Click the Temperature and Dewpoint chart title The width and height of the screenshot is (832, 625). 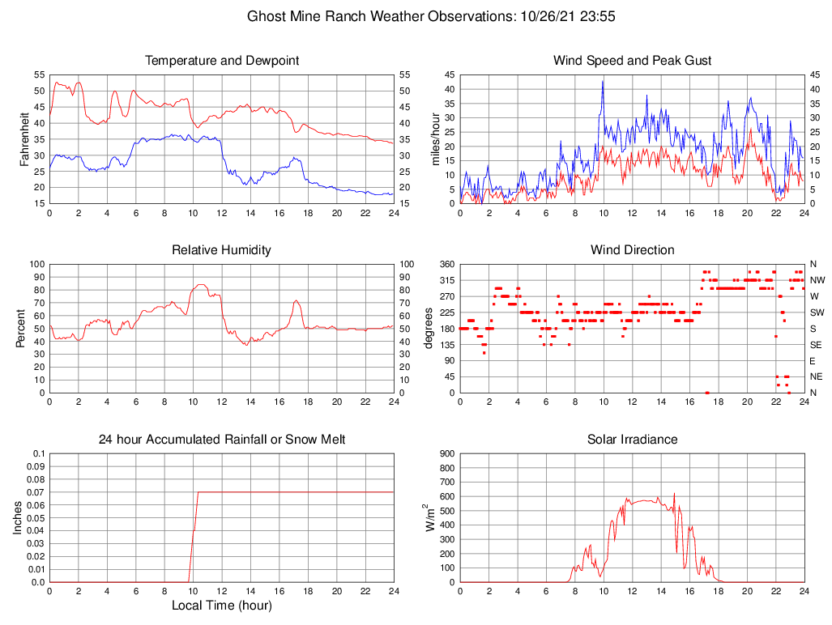tap(221, 61)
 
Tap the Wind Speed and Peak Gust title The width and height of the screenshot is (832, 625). tap(632, 61)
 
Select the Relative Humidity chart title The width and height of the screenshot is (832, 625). tap(221, 250)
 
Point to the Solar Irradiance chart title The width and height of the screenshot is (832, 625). tap(632, 440)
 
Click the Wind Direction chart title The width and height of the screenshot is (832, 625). tap(632, 250)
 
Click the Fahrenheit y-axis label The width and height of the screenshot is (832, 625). tap(26, 138)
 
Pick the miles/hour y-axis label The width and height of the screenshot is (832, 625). tap(437, 138)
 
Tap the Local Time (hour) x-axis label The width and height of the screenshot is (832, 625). tap(221, 606)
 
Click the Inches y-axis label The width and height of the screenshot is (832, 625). tap(18, 517)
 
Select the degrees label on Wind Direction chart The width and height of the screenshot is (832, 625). tap(429, 328)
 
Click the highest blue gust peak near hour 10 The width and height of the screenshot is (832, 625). tap(603, 81)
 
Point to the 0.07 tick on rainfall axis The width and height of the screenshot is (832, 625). tap(36, 492)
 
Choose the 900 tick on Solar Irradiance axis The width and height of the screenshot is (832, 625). tap(446, 453)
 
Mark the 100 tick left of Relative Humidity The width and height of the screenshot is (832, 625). tap(36, 264)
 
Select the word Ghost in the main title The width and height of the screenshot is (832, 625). tap(266, 16)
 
